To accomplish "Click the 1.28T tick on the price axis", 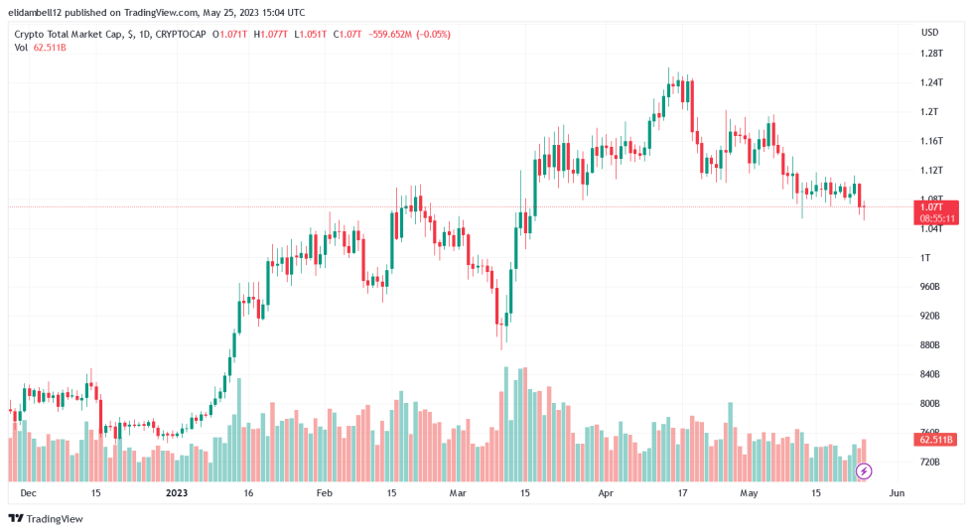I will click(x=930, y=53).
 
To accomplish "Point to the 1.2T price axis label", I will click(x=929, y=111).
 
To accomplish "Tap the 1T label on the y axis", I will click(x=925, y=258).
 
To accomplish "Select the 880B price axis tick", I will click(x=930, y=345).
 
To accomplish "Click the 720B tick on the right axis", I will click(x=930, y=463).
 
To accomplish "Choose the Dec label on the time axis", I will click(x=29, y=492).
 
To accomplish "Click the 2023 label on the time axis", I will click(x=177, y=492).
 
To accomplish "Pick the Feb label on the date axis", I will click(x=325, y=492).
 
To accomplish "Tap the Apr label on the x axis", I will click(x=606, y=492).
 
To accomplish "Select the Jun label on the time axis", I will click(x=897, y=492).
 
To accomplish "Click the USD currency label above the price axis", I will click(x=929, y=31).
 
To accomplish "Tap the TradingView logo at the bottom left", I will click(x=46, y=518).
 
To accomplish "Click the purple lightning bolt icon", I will click(x=864, y=470).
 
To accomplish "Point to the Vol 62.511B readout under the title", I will click(x=41, y=47).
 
